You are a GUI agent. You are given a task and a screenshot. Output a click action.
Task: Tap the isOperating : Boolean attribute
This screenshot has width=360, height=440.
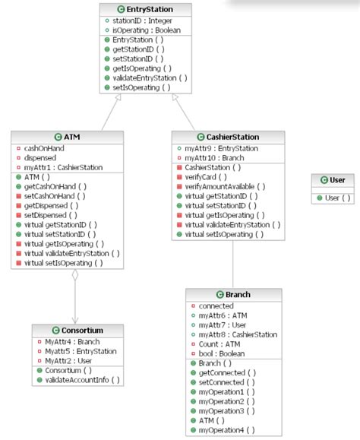[x=145, y=30]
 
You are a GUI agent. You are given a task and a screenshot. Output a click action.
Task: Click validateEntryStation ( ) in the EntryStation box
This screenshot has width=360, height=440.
[x=150, y=78]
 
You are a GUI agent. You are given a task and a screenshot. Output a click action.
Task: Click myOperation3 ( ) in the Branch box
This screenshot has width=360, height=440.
[x=226, y=410]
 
